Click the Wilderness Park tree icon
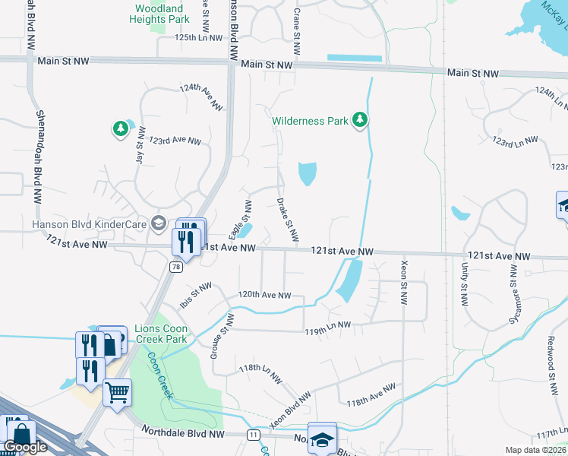tap(361, 120)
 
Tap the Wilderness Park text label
tap(310, 121)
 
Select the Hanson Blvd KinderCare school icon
tap(158, 223)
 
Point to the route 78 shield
tap(176, 267)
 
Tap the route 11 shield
tap(253, 434)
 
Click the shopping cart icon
tap(117, 393)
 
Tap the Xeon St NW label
tap(403, 280)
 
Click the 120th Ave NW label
tap(264, 295)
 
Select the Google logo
tap(25, 448)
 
